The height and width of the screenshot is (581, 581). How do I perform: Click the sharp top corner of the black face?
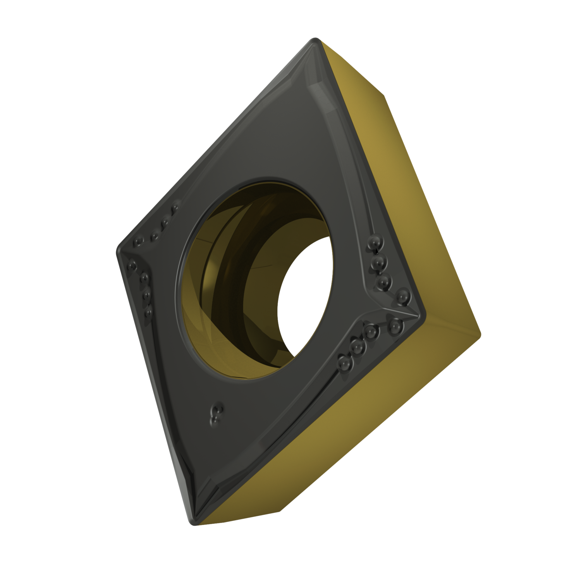(315, 41)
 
